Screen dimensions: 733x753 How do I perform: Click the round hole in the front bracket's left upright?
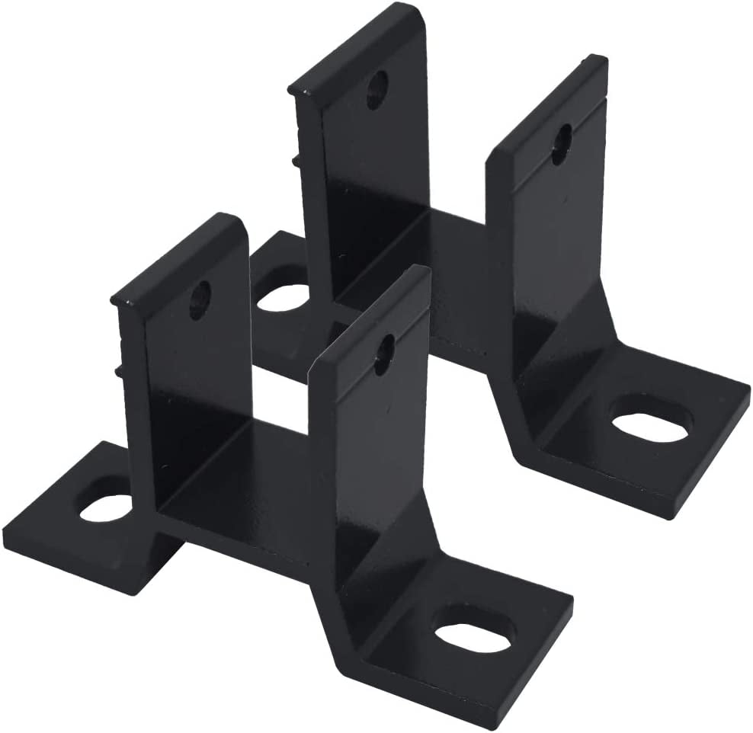[199, 300]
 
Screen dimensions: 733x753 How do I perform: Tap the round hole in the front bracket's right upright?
[384, 354]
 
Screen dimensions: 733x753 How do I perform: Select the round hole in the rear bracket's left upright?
[376, 90]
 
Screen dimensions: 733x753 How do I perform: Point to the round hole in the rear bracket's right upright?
[561, 143]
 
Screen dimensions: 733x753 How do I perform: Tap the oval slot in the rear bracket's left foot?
[283, 297]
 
